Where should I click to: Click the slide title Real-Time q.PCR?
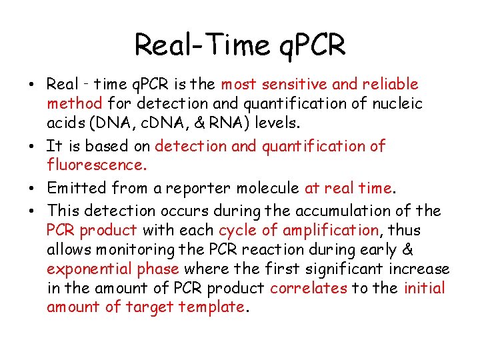pyautogui.click(x=240, y=45)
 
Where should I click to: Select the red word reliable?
pyautogui.click(x=391, y=85)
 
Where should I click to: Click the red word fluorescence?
pyautogui.click(x=93, y=165)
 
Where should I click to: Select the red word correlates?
pyautogui.click(x=309, y=288)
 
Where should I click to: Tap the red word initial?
pyautogui.click(x=425, y=288)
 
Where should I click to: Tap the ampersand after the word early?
pyautogui.click(x=427, y=250)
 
